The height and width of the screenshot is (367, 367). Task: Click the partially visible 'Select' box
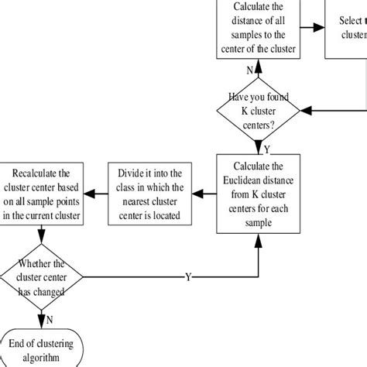coord(345,29)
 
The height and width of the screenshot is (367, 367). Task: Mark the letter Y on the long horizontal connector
coord(188,276)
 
